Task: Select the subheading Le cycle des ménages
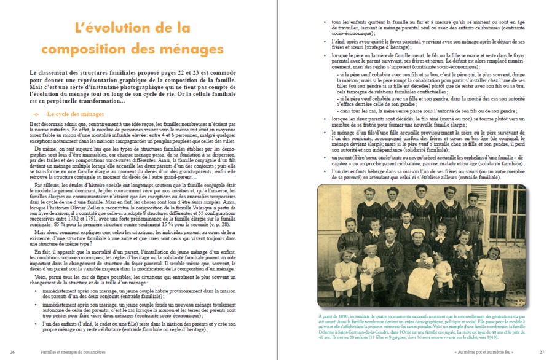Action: (x=76, y=114)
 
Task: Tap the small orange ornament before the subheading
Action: (x=36, y=114)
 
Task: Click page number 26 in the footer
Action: (x=13, y=352)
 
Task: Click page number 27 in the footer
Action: (x=542, y=352)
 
